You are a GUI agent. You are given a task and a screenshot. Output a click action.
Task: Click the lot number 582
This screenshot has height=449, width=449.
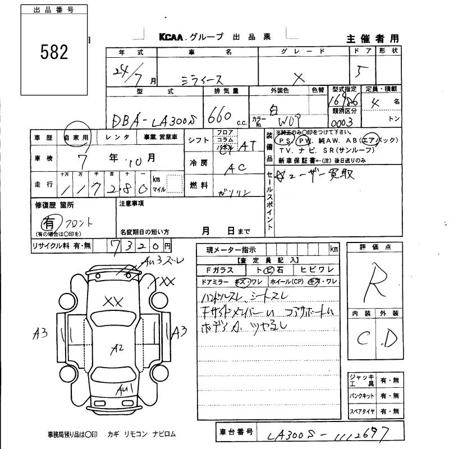click(54, 52)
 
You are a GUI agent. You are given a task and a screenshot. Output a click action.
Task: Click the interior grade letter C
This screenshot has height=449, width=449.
click(363, 339)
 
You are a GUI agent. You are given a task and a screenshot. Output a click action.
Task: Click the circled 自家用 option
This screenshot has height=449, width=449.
click(76, 136)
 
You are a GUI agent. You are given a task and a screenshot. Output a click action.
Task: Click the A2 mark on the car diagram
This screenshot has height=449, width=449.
click(117, 348)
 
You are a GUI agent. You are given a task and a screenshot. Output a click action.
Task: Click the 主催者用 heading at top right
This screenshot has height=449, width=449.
click(372, 38)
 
